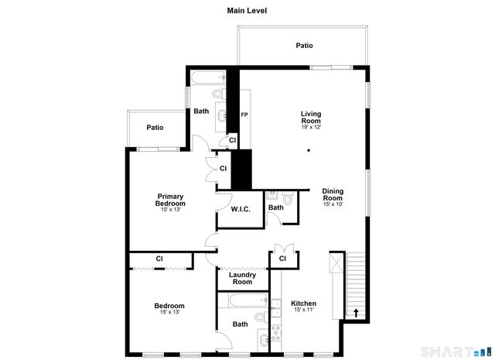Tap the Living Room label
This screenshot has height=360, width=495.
[311, 117]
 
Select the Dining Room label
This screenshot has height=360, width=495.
[333, 194]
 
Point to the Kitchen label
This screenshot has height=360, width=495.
[303, 303]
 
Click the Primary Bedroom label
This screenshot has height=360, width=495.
[171, 199]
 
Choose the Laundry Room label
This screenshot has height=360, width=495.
[243, 278]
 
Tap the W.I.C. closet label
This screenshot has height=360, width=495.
[240, 209]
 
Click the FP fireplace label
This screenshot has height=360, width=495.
[244, 115]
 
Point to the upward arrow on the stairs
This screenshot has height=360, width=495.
[356, 314]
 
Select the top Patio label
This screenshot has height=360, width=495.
[305, 46]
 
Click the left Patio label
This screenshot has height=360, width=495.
[155, 128]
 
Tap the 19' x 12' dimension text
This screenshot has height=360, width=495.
[311, 127]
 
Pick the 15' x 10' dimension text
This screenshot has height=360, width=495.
[333, 204]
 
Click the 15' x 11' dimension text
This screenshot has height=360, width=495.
[303, 310]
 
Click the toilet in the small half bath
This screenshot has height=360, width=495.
[288, 199]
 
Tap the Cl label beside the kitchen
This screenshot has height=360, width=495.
[282, 259]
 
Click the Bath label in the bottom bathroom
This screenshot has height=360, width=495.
[241, 324]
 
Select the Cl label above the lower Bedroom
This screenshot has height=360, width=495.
[159, 259]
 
